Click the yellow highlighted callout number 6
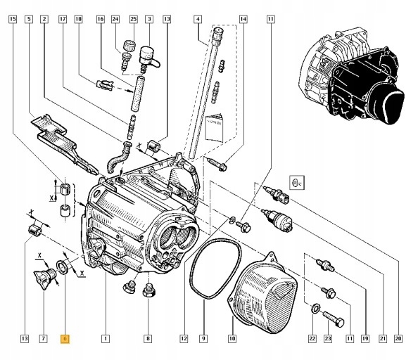[65, 339]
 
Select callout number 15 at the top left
[11, 20]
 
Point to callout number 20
[398, 339]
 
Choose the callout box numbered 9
[203, 339]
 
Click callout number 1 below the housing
[105, 339]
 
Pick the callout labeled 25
[132, 20]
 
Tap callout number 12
[184, 339]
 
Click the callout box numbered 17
[61, 20]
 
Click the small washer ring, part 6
[63, 267]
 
